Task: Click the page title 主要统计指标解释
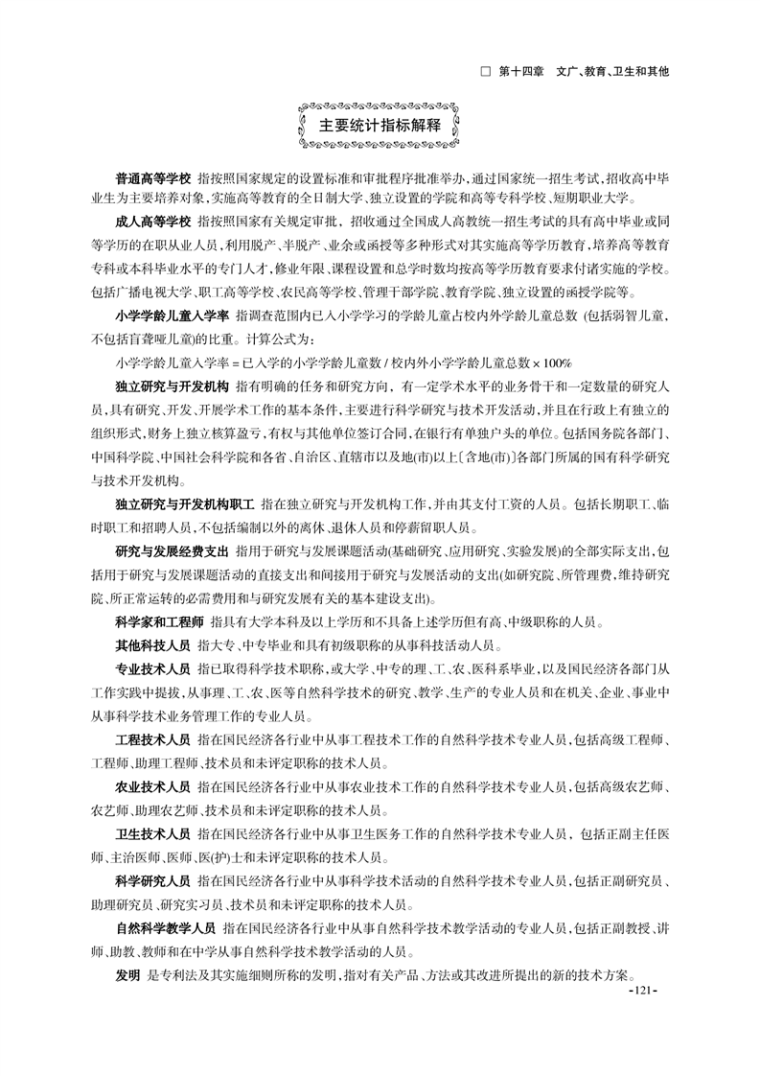380,126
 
